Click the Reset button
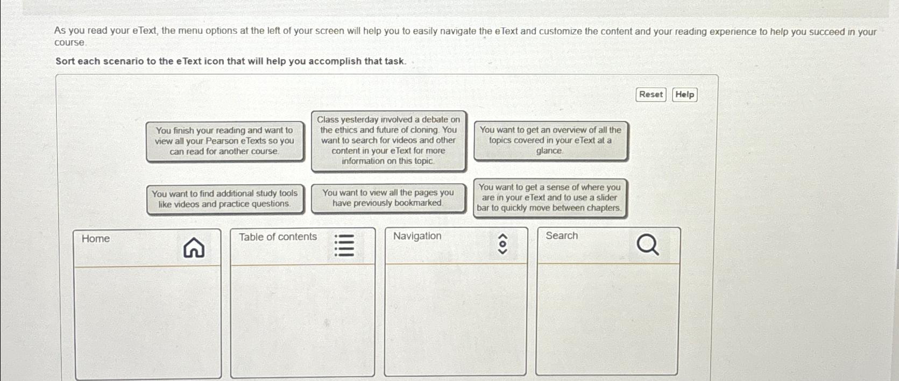pyautogui.click(x=650, y=95)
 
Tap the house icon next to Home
pyautogui.click(x=194, y=248)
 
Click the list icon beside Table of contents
pyautogui.click(x=344, y=245)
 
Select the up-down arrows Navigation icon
pyautogui.click(x=502, y=243)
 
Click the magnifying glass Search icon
pyautogui.click(x=647, y=246)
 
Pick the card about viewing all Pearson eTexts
pyautogui.click(x=224, y=141)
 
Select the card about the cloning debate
pyautogui.click(x=388, y=140)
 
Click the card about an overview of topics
pyautogui.click(x=550, y=140)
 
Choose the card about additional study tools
pyautogui.click(x=224, y=199)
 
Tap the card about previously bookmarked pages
pyautogui.click(x=387, y=198)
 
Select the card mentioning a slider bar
pyautogui.click(x=549, y=198)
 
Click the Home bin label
pyautogui.click(x=96, y=239)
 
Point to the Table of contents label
pyautogui.click(x=278, y=237)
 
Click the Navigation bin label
pyautogui.click(x=417, y=236)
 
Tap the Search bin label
pyautogui.click(x=562, y=236)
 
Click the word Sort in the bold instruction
pyautogui.click(x=65, y=61)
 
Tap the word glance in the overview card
pyautogui.click(x=549, y=151)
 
